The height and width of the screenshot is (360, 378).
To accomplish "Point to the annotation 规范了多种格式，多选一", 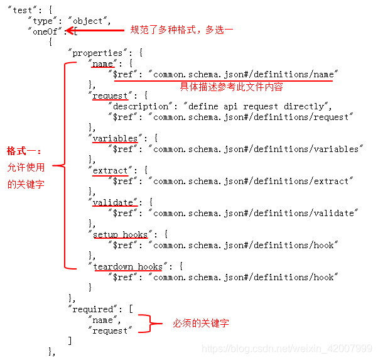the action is click(181, 30).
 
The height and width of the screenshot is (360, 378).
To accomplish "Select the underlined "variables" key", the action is click(114, 138).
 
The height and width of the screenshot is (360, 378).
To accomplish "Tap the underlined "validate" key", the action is click(113, 202).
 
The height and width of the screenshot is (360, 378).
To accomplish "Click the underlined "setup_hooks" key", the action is click(120, 234).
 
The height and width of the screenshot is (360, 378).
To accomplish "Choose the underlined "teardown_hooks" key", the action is click(127, 266).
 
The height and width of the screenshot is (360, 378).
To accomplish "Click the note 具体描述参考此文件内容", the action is click(232, 86).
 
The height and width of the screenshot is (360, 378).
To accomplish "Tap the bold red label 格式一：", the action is click(24, 151).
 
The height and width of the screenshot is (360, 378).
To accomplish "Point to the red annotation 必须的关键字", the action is click(201, 324).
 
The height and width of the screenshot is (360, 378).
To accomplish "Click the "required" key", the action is click(93, 309).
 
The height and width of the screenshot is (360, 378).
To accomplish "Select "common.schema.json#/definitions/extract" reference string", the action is click(251, 181).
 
